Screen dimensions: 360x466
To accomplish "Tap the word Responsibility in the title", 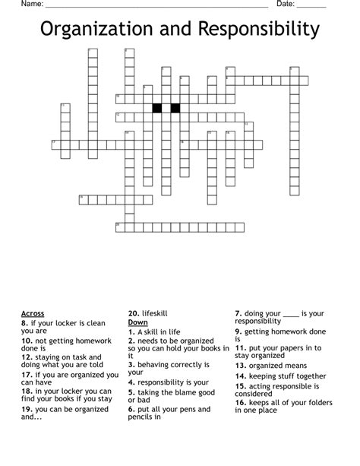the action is [258, 30].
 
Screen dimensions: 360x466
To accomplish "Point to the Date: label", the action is [286, 5].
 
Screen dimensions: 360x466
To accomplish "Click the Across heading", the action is [33, 313].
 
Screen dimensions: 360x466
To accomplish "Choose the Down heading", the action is [137, 322].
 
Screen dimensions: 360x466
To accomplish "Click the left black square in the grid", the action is [157, 107].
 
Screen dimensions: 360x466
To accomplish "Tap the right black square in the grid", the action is [175, 107].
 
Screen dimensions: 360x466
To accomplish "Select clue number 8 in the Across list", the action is [25, 322].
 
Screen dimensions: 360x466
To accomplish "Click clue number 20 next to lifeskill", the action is [133, 313].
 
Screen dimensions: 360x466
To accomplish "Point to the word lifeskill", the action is [155, 313].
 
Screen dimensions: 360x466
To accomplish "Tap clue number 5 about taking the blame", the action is [131, 392].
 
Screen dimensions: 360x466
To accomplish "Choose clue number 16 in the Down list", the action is [240, 401].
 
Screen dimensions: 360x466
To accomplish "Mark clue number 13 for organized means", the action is [240, 366].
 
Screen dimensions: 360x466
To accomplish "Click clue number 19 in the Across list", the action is [27, 408].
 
